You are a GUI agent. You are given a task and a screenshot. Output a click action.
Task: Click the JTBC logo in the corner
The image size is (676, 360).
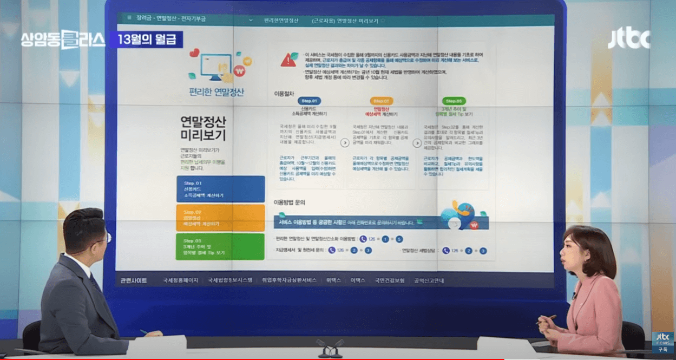pos(628,39)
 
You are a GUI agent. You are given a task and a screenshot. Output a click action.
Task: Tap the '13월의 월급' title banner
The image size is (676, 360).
pos(146,40)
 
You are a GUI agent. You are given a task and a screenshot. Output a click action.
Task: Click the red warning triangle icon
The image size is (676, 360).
pos(288,61)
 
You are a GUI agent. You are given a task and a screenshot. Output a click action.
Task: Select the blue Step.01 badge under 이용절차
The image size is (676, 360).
pos(309,101)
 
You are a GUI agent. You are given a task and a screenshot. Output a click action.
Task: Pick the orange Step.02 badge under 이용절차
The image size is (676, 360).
pos(382,101)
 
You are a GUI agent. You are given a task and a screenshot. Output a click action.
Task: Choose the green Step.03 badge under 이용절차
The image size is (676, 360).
pos(454,101)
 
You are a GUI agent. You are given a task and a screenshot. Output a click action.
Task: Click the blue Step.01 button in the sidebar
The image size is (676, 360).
pos(220,189)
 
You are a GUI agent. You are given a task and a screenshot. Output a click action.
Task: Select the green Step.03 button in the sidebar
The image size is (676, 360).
pos(220,247)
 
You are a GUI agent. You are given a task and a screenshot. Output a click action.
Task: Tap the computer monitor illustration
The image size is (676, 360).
pos(216,66)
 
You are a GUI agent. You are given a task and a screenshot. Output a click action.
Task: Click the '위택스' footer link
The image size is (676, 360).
pos(333,280)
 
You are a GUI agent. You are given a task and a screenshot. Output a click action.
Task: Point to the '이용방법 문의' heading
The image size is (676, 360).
pos(290,202)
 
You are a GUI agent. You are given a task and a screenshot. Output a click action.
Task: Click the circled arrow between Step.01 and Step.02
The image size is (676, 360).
pos(345,143)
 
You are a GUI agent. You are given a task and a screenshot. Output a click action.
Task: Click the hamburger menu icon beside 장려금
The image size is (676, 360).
pos(129,18)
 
